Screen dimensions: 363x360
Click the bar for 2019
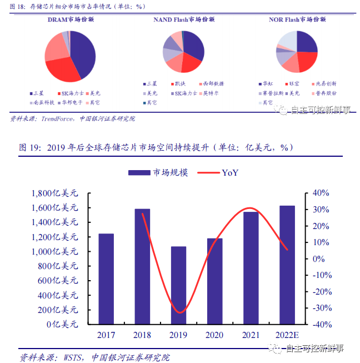(x=178, y=285)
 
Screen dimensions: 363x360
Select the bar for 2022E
(x=287, y=265)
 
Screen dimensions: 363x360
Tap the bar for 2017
(x=106, y=279)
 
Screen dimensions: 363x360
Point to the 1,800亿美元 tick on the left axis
(x=55, y=193)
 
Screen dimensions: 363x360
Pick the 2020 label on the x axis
(x=214, y=335)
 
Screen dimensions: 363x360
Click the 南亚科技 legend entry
(x=43, y=103)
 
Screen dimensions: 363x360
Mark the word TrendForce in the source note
(x=57, y=118)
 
